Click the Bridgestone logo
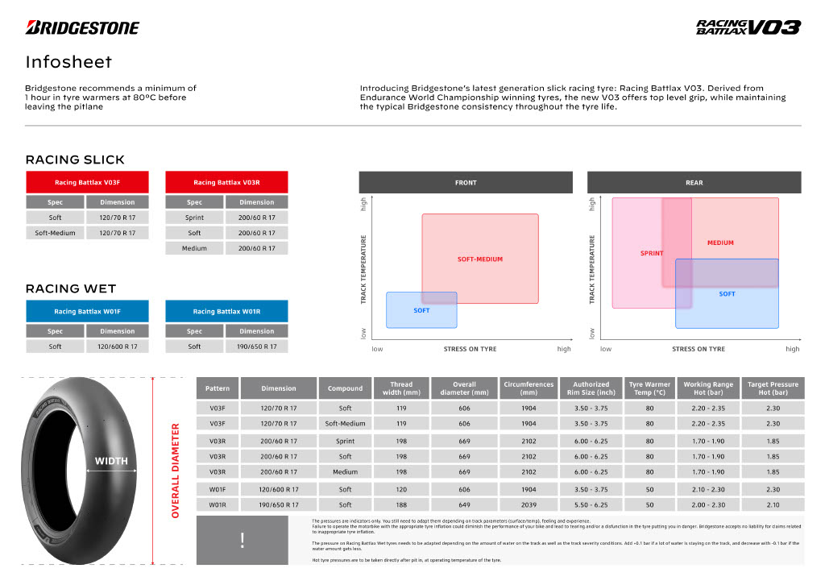coord(82,27)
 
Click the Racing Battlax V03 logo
coord(748,27)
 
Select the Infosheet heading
coord(68,62)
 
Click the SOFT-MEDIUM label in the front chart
coord(479,259)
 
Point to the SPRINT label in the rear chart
coord(652,253)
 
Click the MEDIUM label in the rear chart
coord(720,243)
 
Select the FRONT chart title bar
coord(466,183)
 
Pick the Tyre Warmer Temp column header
coord(649,388)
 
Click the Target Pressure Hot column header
coord(773,388)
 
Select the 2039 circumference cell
coord(529,504)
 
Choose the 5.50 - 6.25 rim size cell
coord(591,504)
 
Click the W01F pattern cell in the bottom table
coord(217,489)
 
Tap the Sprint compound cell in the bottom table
coord(345,442)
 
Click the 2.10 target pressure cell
coord(773,504)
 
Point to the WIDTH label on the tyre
coord(111,462)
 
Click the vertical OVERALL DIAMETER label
coord(175,469)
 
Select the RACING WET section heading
coord(71,288)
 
